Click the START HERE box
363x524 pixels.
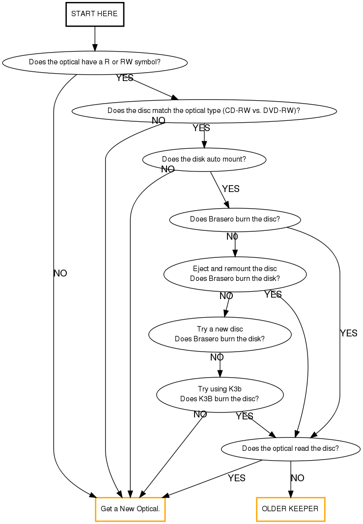point(94,14)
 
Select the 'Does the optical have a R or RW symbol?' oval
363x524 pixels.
point(95,62)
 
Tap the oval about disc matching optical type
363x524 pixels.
point(204,110)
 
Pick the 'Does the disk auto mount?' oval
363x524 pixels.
point(204,159)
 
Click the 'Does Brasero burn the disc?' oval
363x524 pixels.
point(235,219)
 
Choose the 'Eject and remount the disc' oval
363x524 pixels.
point(235,274)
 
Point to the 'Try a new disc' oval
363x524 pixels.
point(220,334)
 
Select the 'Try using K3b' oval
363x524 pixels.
point(220,394)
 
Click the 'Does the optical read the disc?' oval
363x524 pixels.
point(290,448)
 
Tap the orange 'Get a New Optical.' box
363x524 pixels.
point(130,509)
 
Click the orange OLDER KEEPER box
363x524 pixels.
point(290,509)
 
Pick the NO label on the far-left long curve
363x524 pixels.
point(60,274)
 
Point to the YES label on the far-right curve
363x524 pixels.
point(348,333)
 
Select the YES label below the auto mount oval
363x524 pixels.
point(231,189)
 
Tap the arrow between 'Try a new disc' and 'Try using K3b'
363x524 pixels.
point(220,365)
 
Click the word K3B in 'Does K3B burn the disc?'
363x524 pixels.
point(206,399)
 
